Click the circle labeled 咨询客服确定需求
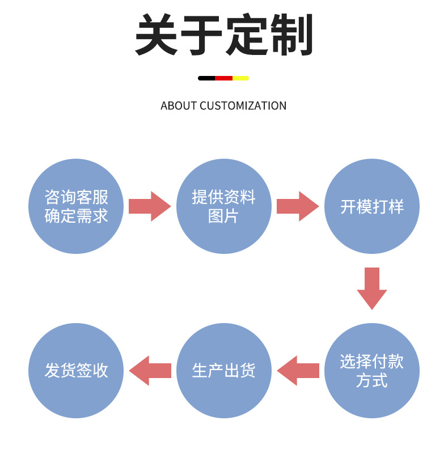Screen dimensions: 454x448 [x=76, y=206]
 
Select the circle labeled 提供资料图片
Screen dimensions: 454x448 [x=223, y=206]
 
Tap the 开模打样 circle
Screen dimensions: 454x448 [x=371, y=206]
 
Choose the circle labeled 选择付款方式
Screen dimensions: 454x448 [x=371, y=371]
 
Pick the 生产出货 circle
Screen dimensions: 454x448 [x=223, y=371]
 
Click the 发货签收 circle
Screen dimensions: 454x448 [x=76, y=371]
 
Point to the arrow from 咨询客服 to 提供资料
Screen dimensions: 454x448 [x=149, y=206]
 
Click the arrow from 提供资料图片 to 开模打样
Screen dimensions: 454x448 [x=297, y=206]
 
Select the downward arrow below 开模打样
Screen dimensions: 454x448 [x=371, y=288]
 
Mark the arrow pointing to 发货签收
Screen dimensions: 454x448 [x=150, y=371]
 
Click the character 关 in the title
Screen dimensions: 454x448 [x=157, y=35]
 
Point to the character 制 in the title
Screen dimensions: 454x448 [x=291, y=35]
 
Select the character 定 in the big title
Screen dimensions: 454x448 [x=247, y=35]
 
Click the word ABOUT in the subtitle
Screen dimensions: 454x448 [x=179, y=106]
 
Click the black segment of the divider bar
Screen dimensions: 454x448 [x=206, y=78]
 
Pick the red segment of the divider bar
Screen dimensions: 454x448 [x=223, y=78]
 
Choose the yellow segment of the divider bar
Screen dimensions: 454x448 [x=240, y=78]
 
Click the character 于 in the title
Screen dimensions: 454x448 [x=202, y=35]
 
